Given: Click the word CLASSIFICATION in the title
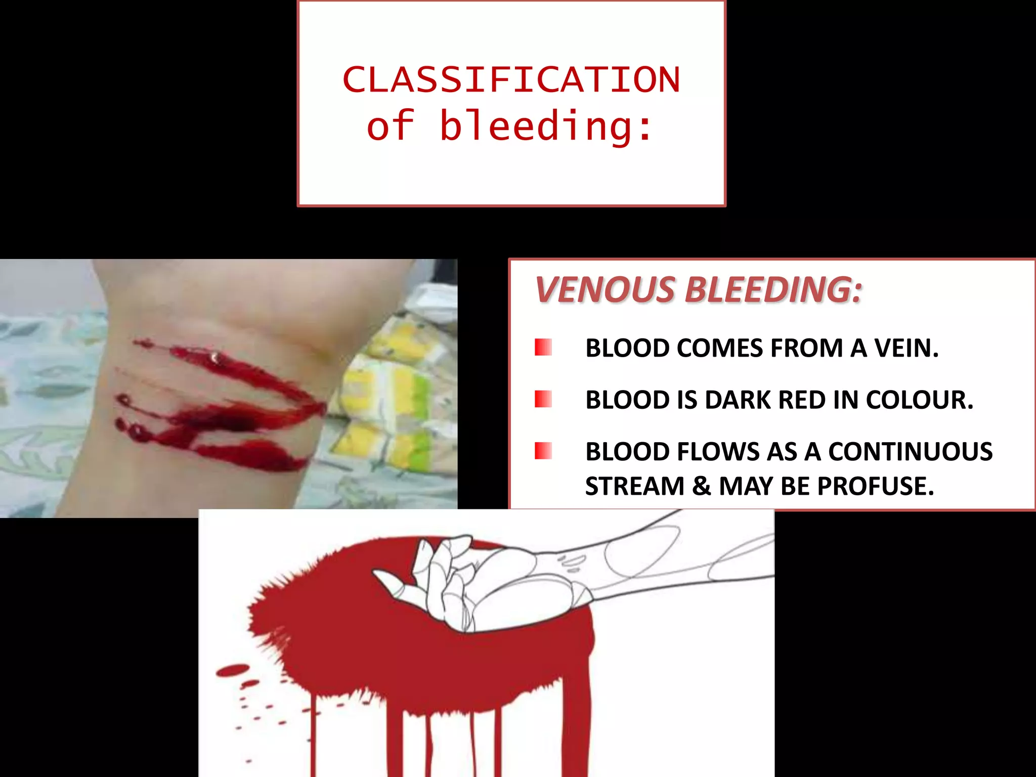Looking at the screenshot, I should coord(511,80).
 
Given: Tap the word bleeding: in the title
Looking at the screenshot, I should coord(546,126).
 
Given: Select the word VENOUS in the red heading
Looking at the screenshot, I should coord(605,290).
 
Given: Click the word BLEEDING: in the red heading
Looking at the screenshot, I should coord(773,290).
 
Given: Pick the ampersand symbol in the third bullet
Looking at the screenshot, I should coord(702,486).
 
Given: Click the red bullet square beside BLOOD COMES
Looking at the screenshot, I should coord(543,348).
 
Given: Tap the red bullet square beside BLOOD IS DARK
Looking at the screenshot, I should coord(543,399).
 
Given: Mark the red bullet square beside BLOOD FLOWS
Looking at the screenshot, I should coord(543,451).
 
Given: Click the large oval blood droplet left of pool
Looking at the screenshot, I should coord(233,670).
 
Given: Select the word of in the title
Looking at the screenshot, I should coord(390,126).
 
